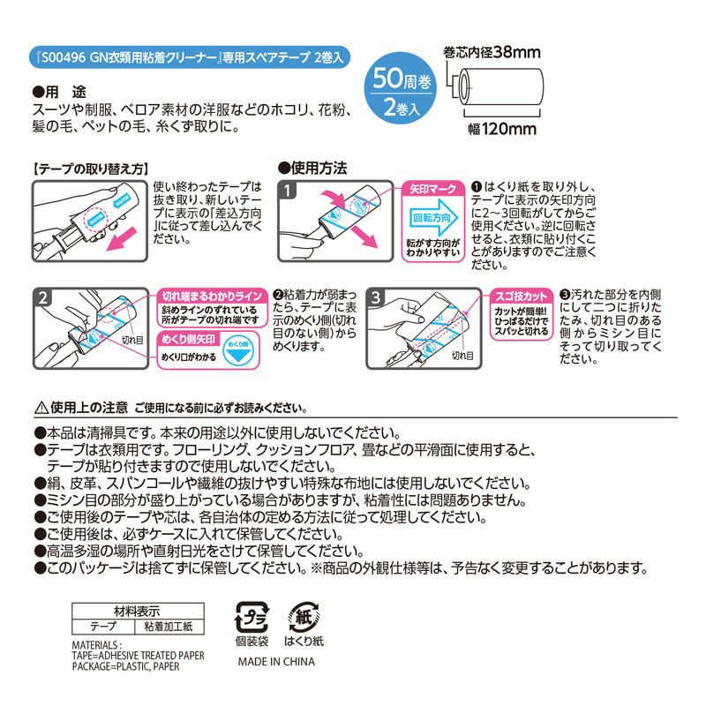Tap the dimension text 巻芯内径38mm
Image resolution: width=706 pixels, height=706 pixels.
(x=490, y=54)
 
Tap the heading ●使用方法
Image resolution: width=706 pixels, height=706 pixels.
(x=312, y=167)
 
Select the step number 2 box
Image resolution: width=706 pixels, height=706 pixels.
(x=43, y=297)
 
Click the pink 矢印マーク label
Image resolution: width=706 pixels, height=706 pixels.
(x=433, y=189)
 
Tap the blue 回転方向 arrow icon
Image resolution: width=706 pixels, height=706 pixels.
(x=433, y=217)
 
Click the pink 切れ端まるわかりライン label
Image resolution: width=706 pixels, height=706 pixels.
(x=210, y=297)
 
